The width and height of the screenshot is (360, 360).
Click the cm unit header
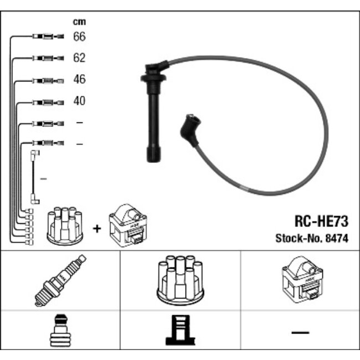click(79, 22)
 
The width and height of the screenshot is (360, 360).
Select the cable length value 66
click(79, 37)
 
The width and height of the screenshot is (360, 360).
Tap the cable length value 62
click(79, 58)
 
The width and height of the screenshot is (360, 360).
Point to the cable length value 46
click(79, 79)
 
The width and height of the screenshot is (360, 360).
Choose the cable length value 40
click(79, 101)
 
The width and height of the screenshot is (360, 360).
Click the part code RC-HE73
click(321, 222)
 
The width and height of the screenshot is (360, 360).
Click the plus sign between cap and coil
click(97, 229)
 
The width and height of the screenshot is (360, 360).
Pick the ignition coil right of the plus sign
click(128, 225)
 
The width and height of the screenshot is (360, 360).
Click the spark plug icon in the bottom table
click(60, 280)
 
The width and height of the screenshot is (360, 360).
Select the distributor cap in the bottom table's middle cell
click(180, 280)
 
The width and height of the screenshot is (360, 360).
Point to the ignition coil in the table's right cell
click(302, 279)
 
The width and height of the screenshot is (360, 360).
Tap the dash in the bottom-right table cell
click(300, 332)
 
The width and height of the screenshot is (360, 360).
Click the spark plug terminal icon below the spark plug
click(60, 331)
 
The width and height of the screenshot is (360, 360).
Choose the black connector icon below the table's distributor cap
click(181, 330)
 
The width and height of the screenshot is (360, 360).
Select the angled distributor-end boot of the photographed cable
click(190, 130)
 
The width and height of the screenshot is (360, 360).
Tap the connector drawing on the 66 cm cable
click(48, 36)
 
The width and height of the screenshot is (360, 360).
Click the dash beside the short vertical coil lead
click(44, 179)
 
